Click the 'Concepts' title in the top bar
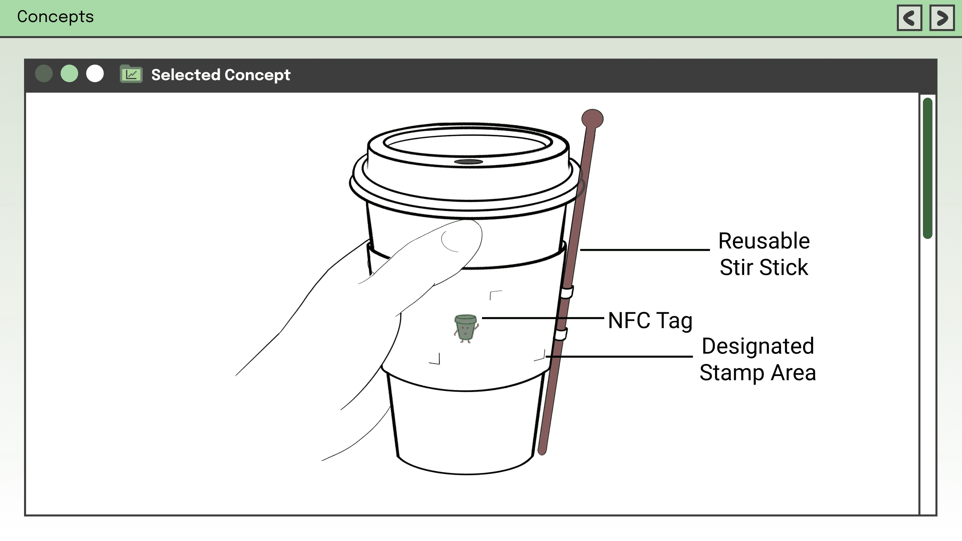(x=55, y=17)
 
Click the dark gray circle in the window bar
(x=44, y=73)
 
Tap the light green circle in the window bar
(x=69, y=73)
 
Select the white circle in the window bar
(x=95, y=73)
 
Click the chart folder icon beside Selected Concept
(x=131, y=74)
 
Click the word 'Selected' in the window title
(x=186, y=75)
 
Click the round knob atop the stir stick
(x=592, y=119)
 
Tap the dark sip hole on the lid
(x=468, y=162)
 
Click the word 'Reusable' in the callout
(x=764, y=241)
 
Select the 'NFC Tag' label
(x=650, y=321)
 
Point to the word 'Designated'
(x=758, y=346)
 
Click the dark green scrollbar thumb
(x=928, y=168)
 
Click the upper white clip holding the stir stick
(x=567, y=292)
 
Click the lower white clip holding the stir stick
(x=560, y=334)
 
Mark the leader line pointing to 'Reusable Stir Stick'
(x=645, y=249)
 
